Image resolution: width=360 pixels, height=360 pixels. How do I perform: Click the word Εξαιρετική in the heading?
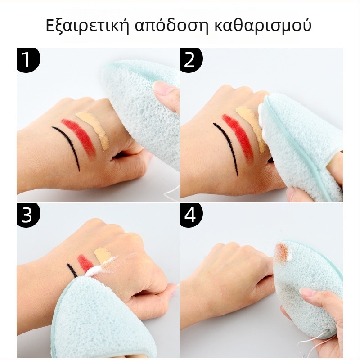[x=87, y=26]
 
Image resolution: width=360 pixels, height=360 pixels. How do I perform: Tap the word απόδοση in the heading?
[x=172, y=26]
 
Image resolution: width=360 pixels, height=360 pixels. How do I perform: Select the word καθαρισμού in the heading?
[x=263, y=25]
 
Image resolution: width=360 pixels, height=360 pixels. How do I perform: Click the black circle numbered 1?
[x=28, y=60]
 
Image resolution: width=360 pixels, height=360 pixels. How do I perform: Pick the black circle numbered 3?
[x=28, y=216]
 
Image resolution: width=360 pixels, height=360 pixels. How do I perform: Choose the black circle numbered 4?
[x=191, y=216]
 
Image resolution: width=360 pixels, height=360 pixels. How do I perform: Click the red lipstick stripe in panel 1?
[x=80, y=136]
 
